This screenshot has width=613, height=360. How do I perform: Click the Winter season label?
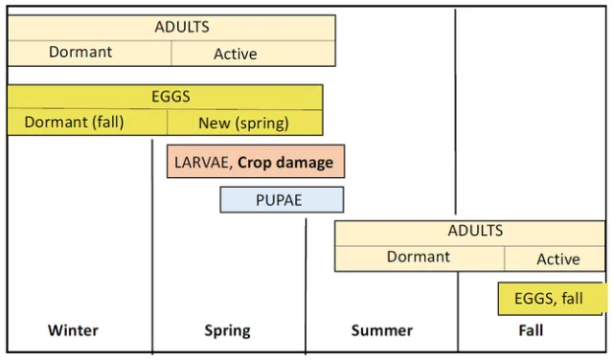(73, 330)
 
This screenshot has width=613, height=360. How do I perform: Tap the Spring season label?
(227, 330)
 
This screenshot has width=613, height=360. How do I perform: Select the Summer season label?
(381, 330)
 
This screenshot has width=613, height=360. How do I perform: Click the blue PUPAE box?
(282, 200)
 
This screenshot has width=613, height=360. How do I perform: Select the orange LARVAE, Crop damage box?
(255, 162)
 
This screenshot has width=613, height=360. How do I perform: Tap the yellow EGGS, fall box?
(552, 299)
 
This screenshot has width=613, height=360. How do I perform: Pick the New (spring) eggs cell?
(244, 123)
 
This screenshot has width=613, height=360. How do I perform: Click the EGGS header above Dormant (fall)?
(170, 97)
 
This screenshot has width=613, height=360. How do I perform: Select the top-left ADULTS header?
(182, 27)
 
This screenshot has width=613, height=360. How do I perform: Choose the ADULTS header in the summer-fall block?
(475, 231)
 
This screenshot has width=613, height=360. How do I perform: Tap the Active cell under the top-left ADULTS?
(236, 54)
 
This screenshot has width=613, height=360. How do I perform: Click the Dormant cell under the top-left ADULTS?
(80, 53)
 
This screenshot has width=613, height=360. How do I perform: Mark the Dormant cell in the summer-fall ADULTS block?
(419, 258)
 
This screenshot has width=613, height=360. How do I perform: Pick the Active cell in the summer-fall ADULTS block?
(557, 259)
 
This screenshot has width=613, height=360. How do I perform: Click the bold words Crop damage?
(285, 162)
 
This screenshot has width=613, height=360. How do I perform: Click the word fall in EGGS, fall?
(572, 299)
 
